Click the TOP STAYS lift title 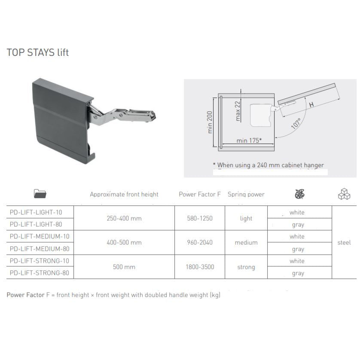pyautogui.click(x=38, y=53)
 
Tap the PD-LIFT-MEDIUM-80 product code pyautogui.click(x=39, y=248)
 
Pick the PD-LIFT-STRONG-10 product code pyautogui.click(x=39, y=261)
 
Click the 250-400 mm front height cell pyautogui.click(x=124, y=218)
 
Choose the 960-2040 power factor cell pyautogui.click(x=199, y=242)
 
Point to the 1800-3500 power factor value pyautogui.click(x=199, y=267)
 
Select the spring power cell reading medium pyautogui.click(x=246, y=242)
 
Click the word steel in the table pyautogui.click(x=344, y=242)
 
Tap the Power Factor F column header pyautogui.click(x=199, y=194)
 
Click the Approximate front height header pyautogui.click(x=124, y=194)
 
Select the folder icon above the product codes pyautogui.click(x=40, y=194)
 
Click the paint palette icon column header pyautogui.click(x=299, y=194)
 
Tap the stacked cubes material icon pyautogui.click(x=344, y=194)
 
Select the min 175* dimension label pyautogui.click(x=249, y=140)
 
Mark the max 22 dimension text pyautogui.click(x=238, y=110)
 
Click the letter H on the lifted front pyautogui.click(x=311, y=104)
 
